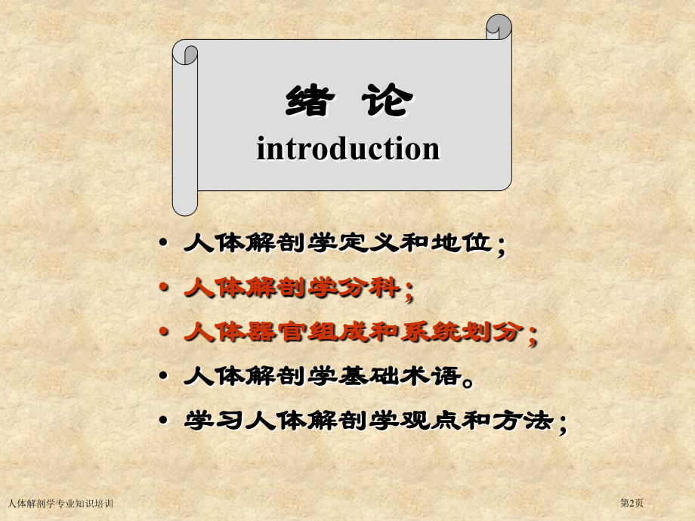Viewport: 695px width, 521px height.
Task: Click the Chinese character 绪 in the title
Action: pos(309,102)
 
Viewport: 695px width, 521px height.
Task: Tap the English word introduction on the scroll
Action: pos(348,148)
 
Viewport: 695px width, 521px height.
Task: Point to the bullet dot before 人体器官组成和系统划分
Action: pos(164,332)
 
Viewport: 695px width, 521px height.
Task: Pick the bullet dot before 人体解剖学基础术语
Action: pos(164,377)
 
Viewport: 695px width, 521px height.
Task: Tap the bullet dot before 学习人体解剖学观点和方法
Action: pos(164,421)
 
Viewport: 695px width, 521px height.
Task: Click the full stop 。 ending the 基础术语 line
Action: pos(468,380)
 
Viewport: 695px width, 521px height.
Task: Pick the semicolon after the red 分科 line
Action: pos(409,290)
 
